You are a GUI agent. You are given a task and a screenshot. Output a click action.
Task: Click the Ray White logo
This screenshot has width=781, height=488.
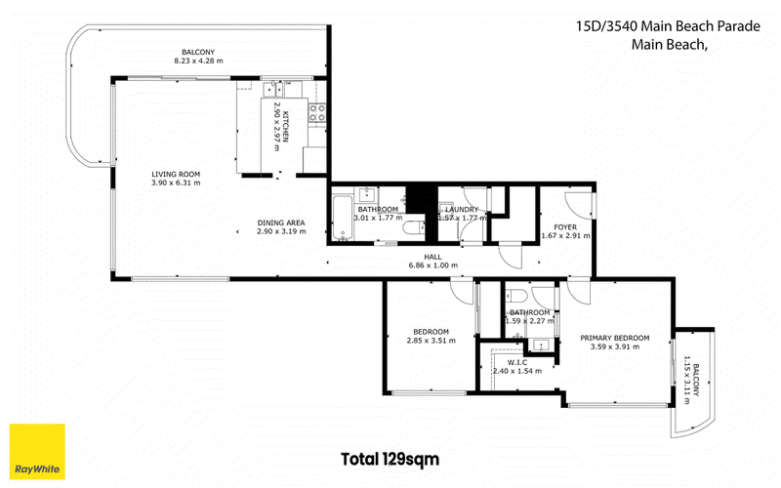pos(37,451)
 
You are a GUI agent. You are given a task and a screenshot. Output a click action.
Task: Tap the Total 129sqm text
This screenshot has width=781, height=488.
pos(390,459)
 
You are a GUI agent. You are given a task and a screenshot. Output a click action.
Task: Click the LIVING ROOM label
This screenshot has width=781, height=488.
pos(176,175)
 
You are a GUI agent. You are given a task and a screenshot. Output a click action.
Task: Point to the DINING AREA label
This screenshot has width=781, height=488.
pos(281,223)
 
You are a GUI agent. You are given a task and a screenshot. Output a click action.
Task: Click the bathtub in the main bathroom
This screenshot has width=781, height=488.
pos(343,218)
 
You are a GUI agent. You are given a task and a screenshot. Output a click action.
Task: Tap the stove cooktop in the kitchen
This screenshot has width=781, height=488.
pos(317,112)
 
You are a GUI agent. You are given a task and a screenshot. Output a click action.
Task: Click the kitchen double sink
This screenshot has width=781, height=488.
pos(273,89)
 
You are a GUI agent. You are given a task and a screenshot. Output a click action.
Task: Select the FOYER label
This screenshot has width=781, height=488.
pos(565,227)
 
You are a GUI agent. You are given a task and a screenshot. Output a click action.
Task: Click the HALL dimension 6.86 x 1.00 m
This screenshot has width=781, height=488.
pos(432,265)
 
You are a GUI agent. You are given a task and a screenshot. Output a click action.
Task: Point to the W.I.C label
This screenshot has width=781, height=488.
pos(517,362)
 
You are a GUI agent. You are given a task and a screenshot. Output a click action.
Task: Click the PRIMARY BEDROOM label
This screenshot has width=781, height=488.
pos(615,338)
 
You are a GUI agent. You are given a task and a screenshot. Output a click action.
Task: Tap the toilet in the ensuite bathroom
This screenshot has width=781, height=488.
pos(516,296)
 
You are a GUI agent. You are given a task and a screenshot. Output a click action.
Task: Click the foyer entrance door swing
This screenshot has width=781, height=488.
pos(578,205)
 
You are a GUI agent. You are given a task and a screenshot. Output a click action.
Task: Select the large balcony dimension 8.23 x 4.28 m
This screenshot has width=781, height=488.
pos(198,61)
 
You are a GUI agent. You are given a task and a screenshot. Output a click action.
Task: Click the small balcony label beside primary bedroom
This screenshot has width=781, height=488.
pos(696,380)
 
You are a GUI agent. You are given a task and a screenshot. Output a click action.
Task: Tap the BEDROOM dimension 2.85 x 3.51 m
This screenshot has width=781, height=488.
pos(431,341)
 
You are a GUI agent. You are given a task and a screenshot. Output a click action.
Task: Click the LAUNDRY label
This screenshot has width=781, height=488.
pos(462,210)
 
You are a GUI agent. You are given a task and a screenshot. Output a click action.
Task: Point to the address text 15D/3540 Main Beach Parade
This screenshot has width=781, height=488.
pos(668,26)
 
